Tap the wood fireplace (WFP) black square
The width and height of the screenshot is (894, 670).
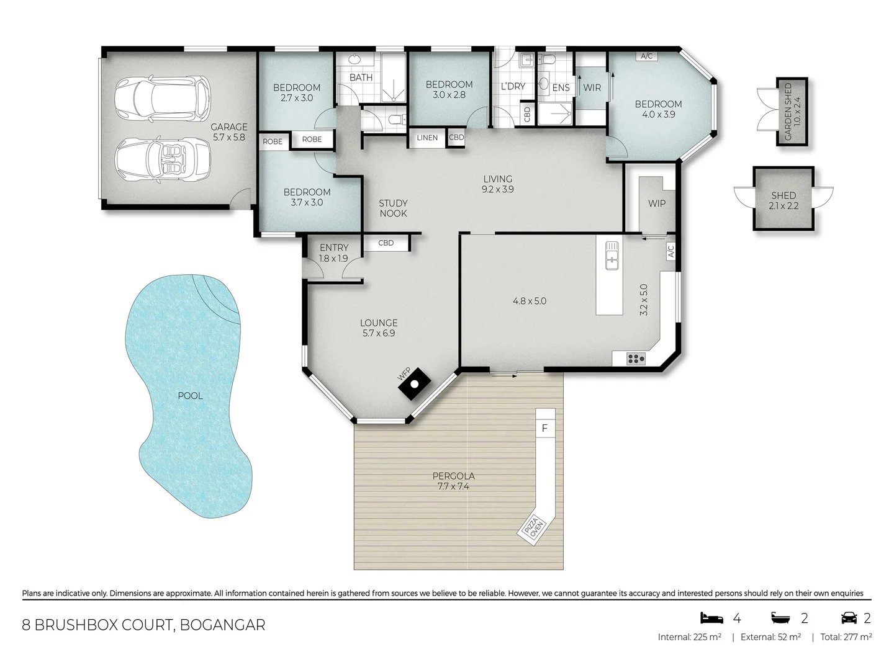click(414, 384)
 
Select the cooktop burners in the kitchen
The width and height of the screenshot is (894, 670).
click(635, 359)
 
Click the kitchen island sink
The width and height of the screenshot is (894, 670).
click(612, 255)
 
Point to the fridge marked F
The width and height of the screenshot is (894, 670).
click(544, 428)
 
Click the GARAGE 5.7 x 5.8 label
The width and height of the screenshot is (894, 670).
click(228, 132)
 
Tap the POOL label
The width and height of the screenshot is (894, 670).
click(190, 396)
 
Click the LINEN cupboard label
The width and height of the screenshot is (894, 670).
click(427, 138)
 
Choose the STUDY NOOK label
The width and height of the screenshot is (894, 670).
click(393, 208)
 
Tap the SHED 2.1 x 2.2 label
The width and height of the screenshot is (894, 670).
click(783, 200)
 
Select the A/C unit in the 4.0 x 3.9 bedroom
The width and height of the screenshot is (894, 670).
click(646, 56)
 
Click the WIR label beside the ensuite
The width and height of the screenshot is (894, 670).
click(592, 87)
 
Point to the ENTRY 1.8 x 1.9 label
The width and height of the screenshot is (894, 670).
click(334, 253)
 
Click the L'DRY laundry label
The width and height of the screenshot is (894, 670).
click(513, 86)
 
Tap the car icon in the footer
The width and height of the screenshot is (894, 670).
click(849, 617)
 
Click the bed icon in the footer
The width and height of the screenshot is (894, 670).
click(712, 617)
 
